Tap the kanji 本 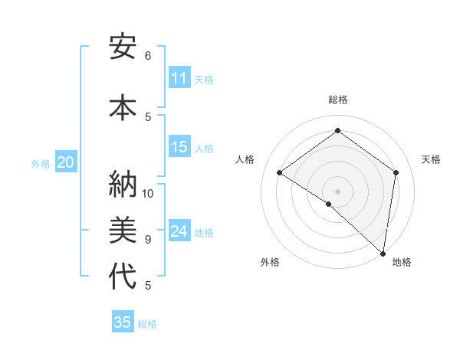tap(122, 106)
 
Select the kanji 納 tap(122, 184)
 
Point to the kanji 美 tap(122, 229)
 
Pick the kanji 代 tap(122, 275)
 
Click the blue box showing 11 tap(179, 78)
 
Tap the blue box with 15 tap(179, 147)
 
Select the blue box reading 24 tap(179, 231)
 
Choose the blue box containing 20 tap(65, 162)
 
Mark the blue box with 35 tap(123, 322)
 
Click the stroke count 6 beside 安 tap(148, 55)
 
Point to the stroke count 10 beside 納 tap(149, 193)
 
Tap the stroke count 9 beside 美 tap(148, 239)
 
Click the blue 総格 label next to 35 tap(147, 323)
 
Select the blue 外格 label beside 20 tap(41, 163)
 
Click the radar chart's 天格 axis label tap(431, 159)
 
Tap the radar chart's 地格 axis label tap(402, 262)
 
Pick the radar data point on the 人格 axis tap(280, 173)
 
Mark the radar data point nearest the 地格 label tap(383, 253)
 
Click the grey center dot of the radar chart tap(337, 191)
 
